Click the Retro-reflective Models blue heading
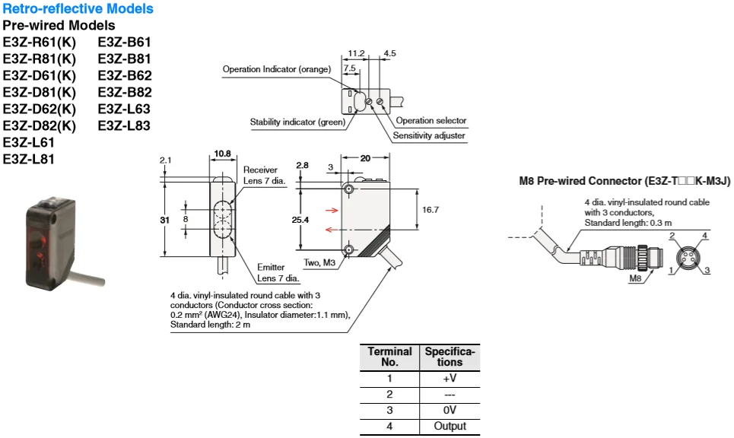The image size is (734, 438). (x=78, y=9)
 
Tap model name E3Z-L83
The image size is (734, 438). (x=125, y=125)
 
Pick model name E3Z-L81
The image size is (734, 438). (x=29, y=159)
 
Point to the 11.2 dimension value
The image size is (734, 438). (x=356, y=53)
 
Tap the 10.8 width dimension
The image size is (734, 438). (x=223, y=154)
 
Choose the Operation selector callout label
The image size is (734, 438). (x=431, y=121)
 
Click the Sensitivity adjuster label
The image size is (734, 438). (x=428, y=136)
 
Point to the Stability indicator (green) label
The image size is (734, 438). (x=297, y=122)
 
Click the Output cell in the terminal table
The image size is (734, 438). (x=450, y=426)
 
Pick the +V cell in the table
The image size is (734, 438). (x=450, y=378)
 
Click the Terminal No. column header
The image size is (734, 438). (x=389, y=357)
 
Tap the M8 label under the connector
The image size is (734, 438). (x=636, y=278)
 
